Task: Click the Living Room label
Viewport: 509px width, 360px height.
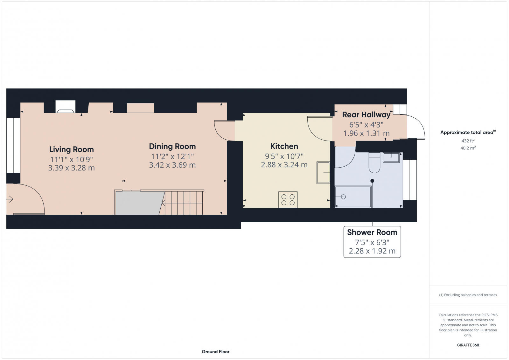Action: pyautogui.click(x=71, y=149)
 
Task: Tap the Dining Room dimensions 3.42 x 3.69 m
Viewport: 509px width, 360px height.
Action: pyautogui.click(x=172, y=165)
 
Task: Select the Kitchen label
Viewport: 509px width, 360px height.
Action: pyautogui.click(x=284, y=146)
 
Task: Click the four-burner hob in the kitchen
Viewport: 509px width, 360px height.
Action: pyautogui.click(x=288, y=200)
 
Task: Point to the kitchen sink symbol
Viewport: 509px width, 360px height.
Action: pyautogui.click(x=323, y=173)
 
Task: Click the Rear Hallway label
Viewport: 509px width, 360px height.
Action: pyautogui.click(x=366, y=115)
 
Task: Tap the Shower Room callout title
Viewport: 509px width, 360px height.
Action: pyautogui.click(x=372, y=232)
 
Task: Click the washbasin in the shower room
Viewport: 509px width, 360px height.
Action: pyautogui.click(x=391, y=157)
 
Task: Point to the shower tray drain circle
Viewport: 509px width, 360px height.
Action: pyautogui.click(x=343, y=197)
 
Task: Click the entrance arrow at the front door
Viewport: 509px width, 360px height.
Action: pyautogui.click(x=10, y=199)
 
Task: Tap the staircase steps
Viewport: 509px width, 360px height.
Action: pyautogui.click(x=184, y=203)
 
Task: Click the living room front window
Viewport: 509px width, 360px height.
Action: pyautogui.click(x=13, y=145)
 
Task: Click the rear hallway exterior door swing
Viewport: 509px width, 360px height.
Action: pyautogui.click(x=416, y=127)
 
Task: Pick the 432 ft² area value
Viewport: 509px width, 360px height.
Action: pyautogui.click(x=468, y=141)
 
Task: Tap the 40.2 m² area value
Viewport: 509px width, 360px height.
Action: pyautogui.click(x=468, y=148)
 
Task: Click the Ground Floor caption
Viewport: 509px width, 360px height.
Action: pyautogui.click(x=215, y=352)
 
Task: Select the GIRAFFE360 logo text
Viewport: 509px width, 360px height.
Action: pyautogui.click(x=468, y=345)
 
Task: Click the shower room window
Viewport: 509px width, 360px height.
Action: pyautogui.click(x=410, y=180)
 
